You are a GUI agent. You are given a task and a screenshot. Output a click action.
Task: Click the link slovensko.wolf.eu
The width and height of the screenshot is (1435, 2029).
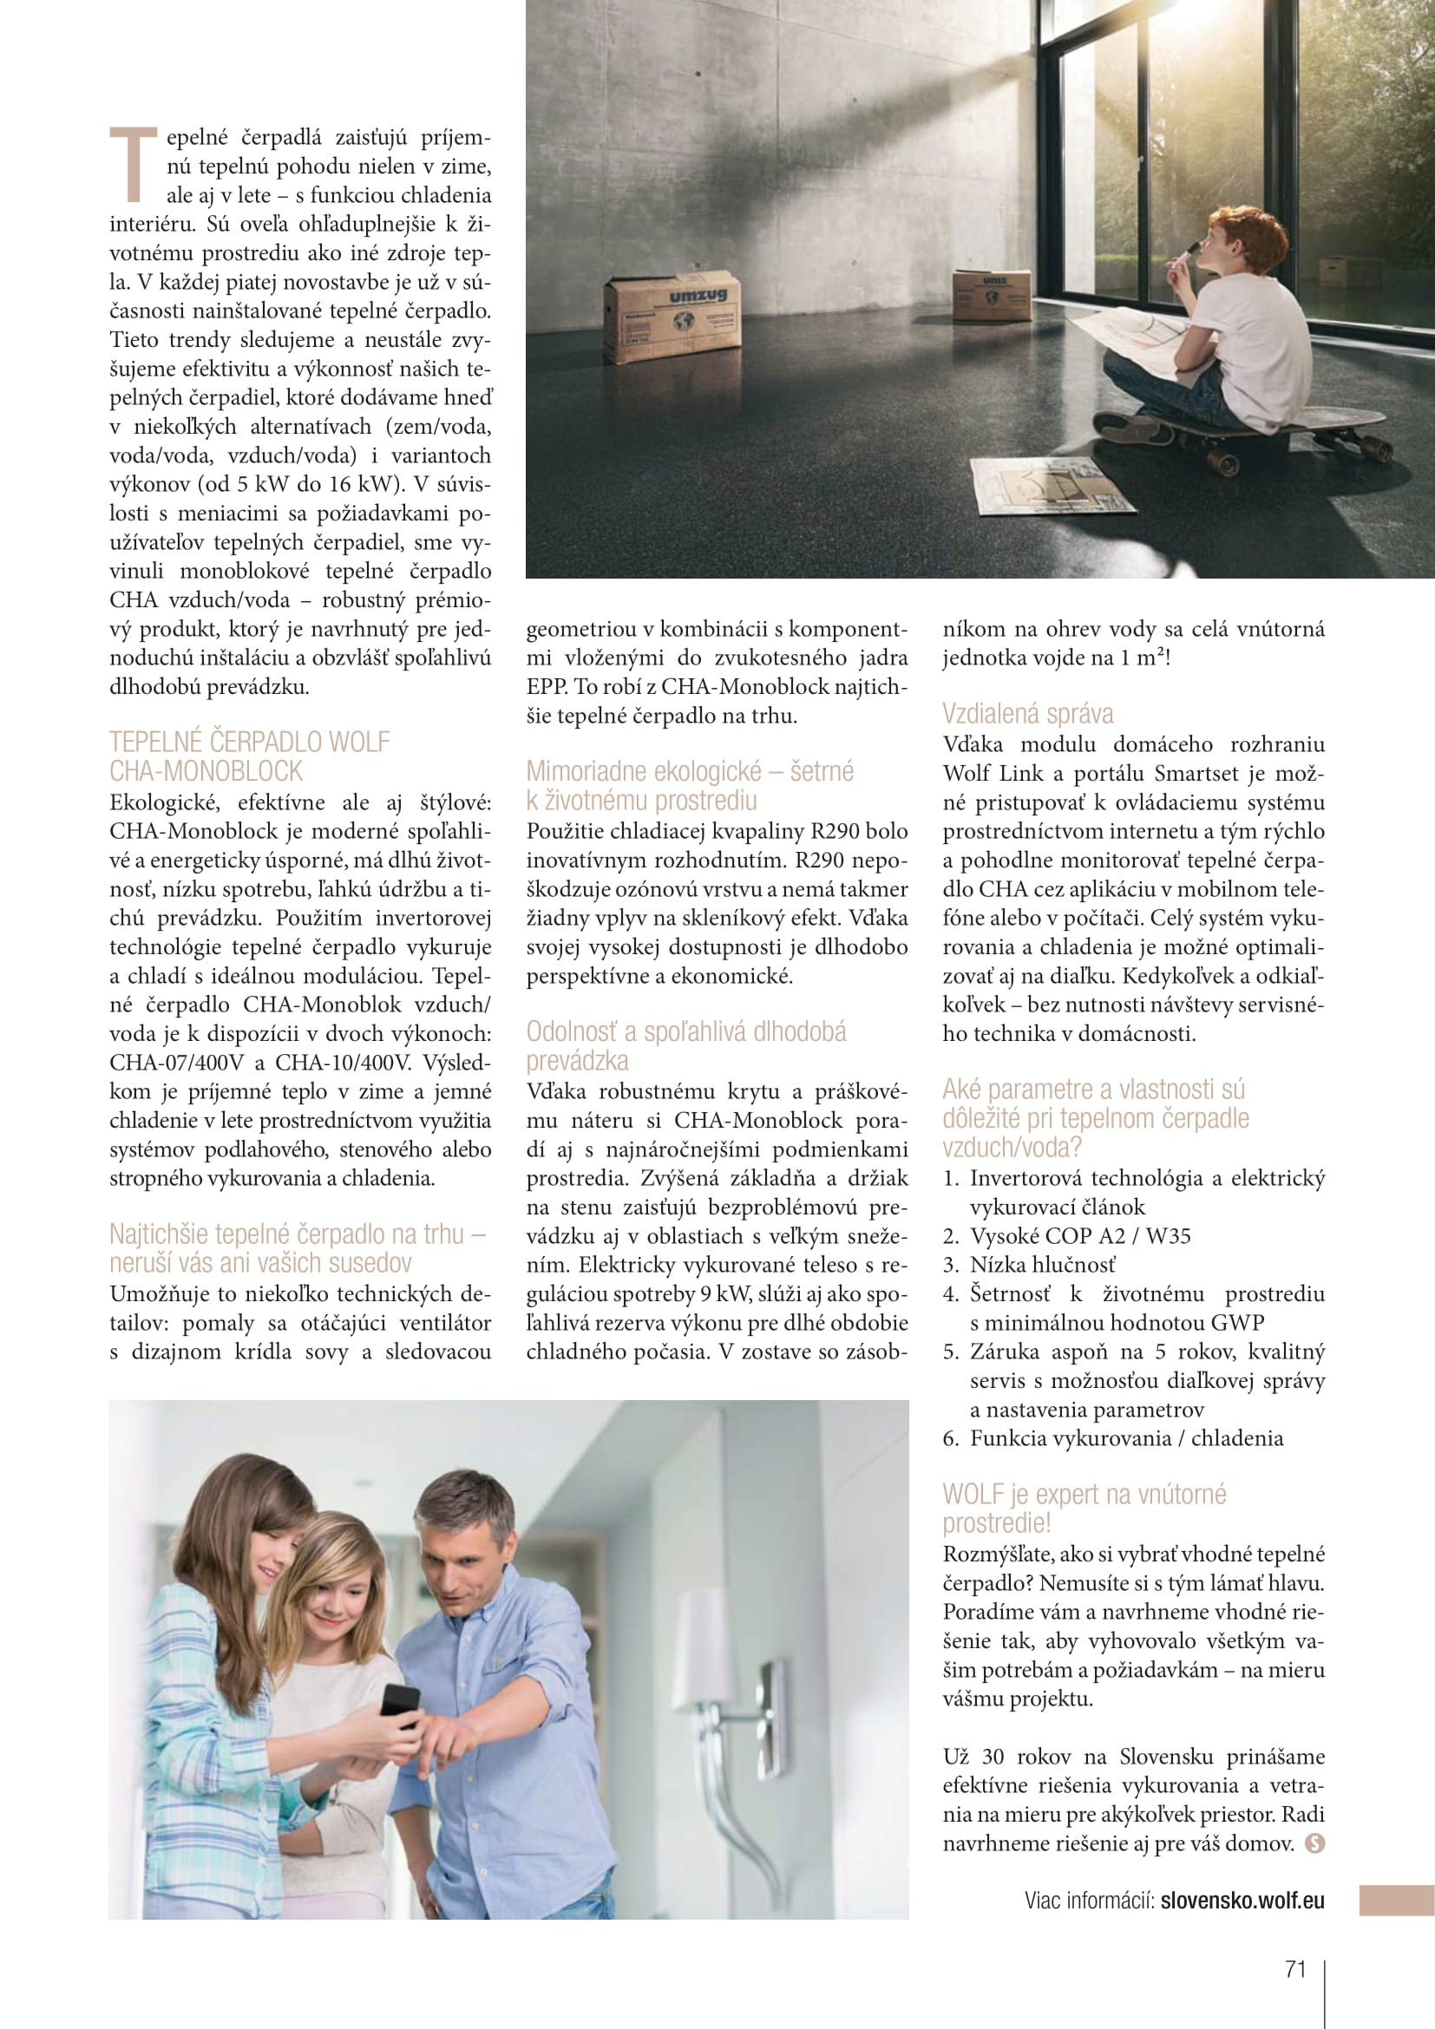(1242, 1900)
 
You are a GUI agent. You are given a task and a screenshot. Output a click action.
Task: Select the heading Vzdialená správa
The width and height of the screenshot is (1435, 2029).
(1027, 713)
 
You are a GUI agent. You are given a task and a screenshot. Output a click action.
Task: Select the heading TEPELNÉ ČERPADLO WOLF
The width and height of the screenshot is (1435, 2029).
(249, 742)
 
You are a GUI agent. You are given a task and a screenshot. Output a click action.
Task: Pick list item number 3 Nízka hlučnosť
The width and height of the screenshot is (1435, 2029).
(1043, 1265)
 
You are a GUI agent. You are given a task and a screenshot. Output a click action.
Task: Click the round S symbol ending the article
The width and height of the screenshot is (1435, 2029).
(1314, 1843)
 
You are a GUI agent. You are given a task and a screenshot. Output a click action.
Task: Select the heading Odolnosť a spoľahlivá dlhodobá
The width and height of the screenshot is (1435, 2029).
(685, 1031)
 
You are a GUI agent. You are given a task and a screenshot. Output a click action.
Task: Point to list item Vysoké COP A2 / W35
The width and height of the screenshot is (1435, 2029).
(1080, 1235)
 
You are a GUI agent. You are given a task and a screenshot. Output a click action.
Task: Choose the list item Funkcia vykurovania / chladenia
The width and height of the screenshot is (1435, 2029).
(1126, 1437)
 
